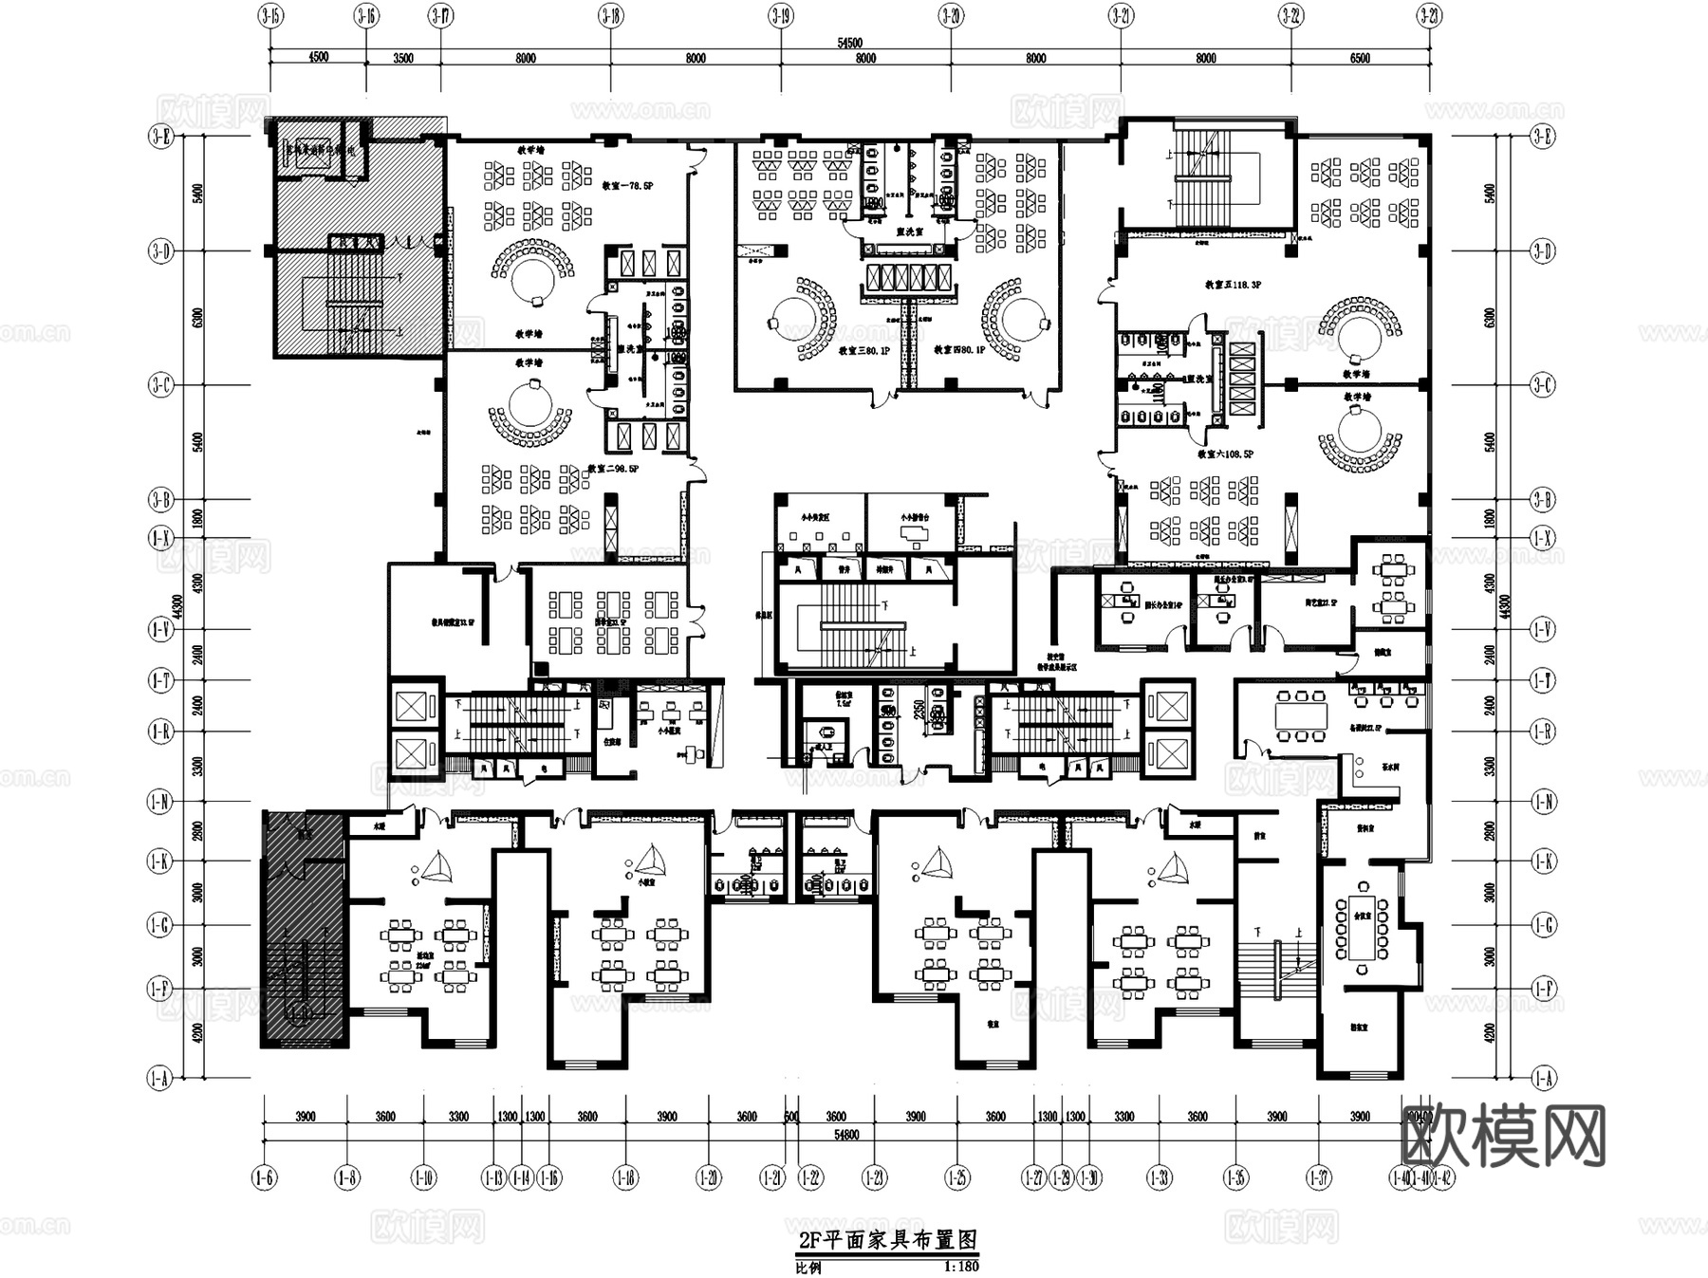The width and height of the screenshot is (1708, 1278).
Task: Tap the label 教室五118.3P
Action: coord(1233,285)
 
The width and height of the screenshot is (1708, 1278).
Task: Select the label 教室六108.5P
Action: coord(1225,454)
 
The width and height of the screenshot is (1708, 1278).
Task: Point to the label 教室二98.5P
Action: coord(613,469)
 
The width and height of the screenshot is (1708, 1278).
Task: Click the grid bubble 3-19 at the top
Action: coord(780,15)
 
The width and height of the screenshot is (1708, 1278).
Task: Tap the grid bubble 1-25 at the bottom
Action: coord(956,1177)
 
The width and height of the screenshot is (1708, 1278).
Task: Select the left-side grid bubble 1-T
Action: coord(160,680)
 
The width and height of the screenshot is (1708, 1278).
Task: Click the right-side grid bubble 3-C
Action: coord(1543,385)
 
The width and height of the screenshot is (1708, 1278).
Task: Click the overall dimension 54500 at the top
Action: coord(849,43)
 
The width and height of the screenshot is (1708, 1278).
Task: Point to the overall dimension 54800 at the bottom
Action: coord(846,1135)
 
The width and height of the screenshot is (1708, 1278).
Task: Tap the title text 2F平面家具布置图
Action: coord(887,1240)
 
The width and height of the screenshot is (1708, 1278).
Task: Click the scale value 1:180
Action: coord(961,1266)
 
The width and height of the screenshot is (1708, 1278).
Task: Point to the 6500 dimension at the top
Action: coord(1360,59)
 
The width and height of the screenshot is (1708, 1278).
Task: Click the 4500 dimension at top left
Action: coord(318,57)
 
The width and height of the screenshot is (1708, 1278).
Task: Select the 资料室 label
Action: coord(1365,828)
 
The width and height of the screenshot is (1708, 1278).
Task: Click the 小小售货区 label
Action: coord(815,518)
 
